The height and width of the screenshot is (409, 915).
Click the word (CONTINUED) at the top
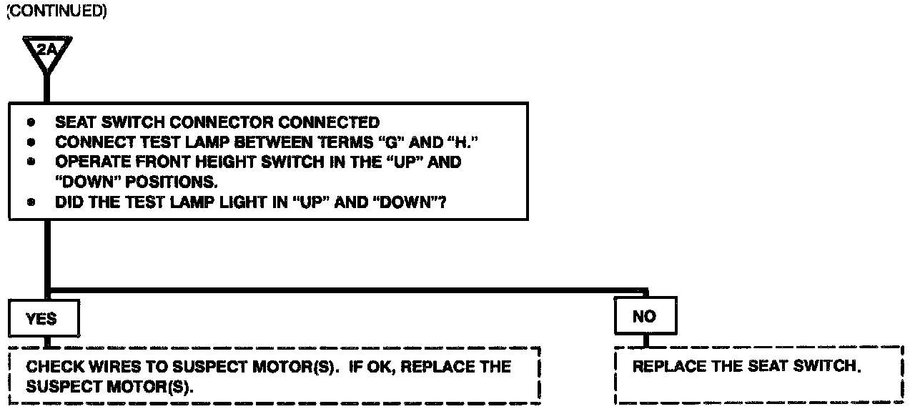56,14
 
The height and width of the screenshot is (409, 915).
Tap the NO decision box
644,317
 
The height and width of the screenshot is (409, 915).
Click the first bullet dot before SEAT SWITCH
31,122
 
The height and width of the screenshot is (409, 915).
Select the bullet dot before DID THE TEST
31,202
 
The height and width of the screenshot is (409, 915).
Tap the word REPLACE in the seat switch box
668,367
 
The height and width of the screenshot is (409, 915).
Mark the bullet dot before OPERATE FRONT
31,162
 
